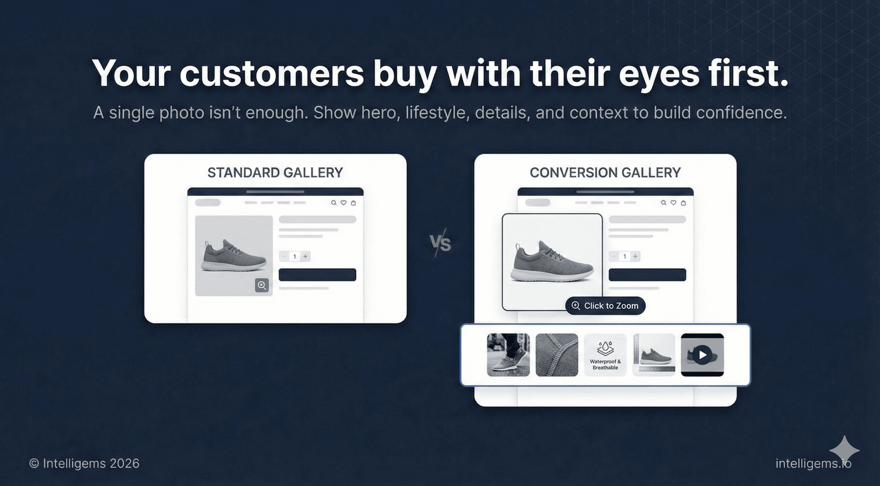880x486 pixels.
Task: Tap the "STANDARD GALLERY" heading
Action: click(x=275, y=173)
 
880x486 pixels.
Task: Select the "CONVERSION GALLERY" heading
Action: click(x=605, y=173)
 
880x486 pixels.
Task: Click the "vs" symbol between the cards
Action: click(x=440, y=243)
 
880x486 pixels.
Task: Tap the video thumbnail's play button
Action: click(x=702, y=355)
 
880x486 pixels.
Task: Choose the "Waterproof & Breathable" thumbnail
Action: click(x=605, y=355)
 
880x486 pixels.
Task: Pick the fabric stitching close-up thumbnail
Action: click(x=557, y=355)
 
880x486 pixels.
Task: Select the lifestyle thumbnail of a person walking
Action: click(x=508, y=355)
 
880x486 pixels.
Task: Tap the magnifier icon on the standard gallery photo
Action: click(x=262, y=285)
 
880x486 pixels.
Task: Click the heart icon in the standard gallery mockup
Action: click(x=343, y=203)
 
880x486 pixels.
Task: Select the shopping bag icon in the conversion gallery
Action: click(x=683, y=203)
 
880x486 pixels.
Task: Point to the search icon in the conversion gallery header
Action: click(x=663, y=203)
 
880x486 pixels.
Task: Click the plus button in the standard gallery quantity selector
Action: click(x=305, y=256)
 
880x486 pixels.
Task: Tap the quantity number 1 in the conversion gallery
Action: click(x=625, y=256)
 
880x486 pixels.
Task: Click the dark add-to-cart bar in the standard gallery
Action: click(x=317, y=275)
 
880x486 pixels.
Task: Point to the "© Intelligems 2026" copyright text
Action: click(x=84, y=464)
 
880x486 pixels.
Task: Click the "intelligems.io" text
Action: click(x=813, y=464)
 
